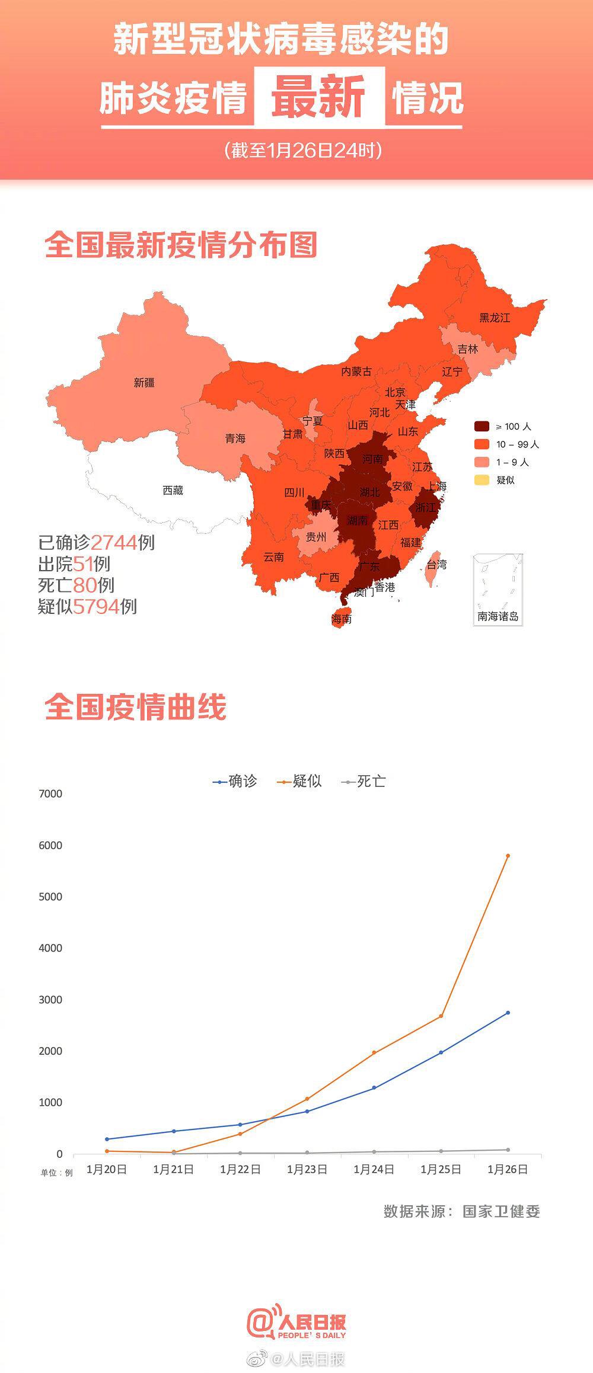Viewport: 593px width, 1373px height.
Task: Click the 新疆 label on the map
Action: tap(144, 383)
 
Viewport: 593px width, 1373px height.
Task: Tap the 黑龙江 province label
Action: tap(495, 318)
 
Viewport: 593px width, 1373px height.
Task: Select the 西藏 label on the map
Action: tap(173, 490)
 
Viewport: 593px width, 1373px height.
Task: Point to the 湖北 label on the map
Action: tap(369, 492)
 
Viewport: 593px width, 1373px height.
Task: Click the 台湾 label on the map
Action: tap(436, 565)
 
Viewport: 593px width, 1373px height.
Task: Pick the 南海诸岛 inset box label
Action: tap(498, 616)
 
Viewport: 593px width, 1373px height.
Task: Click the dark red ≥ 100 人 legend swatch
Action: tap(482, 426)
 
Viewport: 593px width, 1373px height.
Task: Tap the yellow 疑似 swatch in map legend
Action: tap(482, 480)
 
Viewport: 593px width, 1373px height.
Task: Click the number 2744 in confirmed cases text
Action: tap(114, 542)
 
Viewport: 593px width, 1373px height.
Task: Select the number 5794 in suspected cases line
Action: tap(96, 606)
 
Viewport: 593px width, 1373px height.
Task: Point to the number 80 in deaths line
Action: tap(85, 585)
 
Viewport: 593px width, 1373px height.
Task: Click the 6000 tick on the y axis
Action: tap(50, 845)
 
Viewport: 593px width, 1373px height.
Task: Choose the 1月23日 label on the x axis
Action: tap(307, 1169)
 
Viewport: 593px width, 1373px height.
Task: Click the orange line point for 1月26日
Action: tap(508, 856)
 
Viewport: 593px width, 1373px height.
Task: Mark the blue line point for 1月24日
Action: tap(374, 1087)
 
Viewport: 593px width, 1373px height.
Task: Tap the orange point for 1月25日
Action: tap(441, 1016)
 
